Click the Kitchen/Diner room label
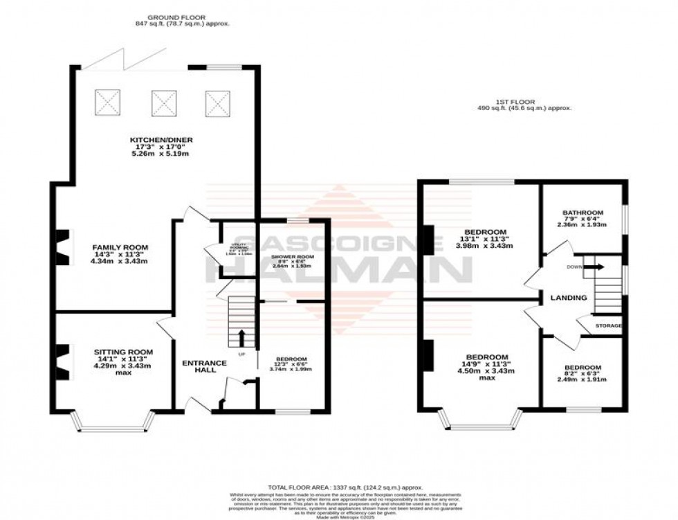click(161, 140)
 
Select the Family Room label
click(121, 247)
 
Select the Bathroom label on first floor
click(583, 213)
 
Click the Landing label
click(568, 298)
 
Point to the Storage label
click(609, 325)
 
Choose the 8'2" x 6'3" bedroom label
click(582, 368)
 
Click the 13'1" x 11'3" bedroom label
click(485, 232)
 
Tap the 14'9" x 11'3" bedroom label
click(487, 357)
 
